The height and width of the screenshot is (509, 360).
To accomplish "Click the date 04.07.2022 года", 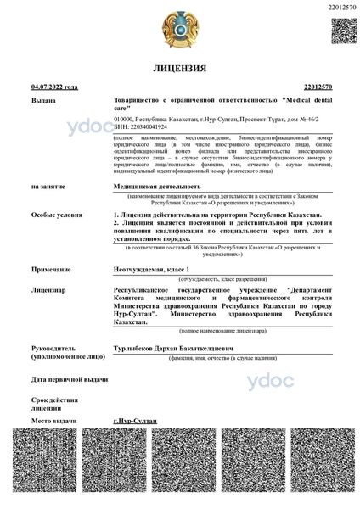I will (54, 87).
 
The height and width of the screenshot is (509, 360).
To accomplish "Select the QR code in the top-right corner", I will (343, 30).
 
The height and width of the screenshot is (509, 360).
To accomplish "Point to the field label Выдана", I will (42, 100).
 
